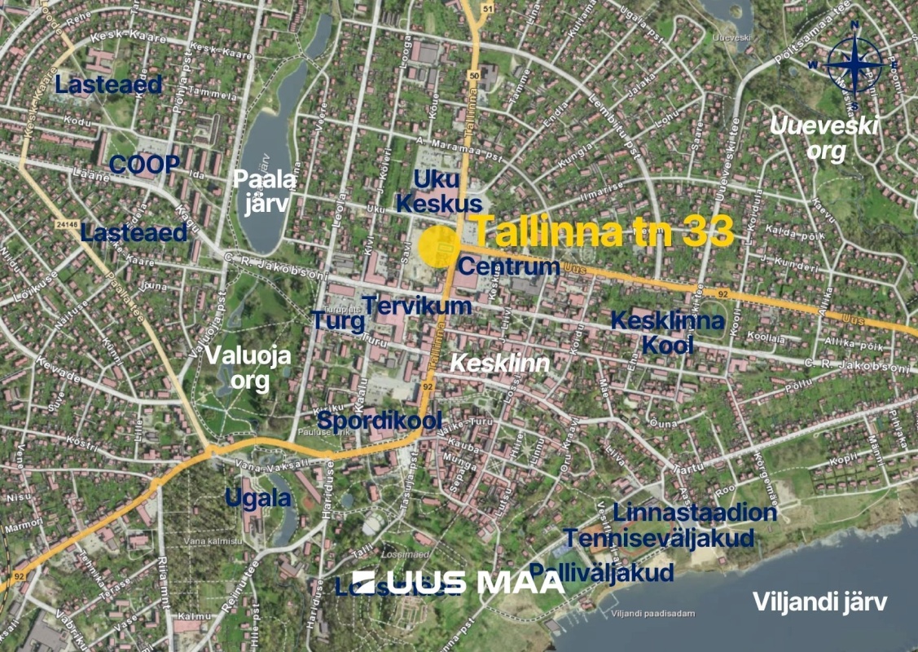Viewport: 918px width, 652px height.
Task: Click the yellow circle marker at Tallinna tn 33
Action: coord(437,246)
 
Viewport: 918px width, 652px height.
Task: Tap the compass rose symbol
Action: coord(855,66)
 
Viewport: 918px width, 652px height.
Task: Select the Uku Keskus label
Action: coord(447,191)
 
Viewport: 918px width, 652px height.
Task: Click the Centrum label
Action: coord(508,266)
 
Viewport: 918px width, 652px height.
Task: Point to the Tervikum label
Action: coord(417,306)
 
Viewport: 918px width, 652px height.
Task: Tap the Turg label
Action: coord(337,321)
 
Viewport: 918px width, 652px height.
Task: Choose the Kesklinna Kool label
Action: coord(667,333)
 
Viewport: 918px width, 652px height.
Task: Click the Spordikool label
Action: coord(380,421)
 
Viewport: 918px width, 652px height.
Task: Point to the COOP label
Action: coord(144,165)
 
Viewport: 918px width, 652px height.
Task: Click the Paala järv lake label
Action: coord(261,191)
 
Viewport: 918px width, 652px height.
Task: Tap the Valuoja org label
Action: coord(236,368)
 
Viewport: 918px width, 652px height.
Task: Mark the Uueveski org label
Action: coord(824,139)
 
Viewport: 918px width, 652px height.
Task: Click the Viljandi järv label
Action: coord(819,602)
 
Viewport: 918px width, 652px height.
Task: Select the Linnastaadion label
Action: coord(694,513)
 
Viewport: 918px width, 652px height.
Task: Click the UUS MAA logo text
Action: coord(459,582)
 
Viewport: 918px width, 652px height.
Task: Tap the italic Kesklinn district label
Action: coord(500,363)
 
